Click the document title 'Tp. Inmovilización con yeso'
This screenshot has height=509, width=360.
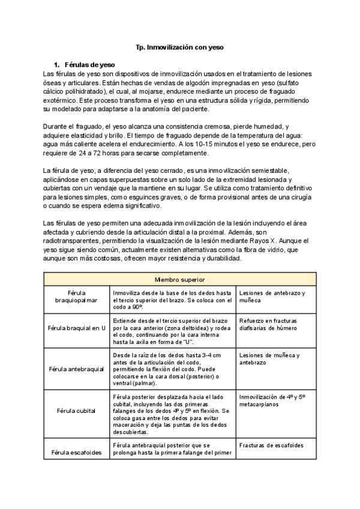coord(180,46)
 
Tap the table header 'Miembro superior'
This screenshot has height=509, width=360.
coord(180,280)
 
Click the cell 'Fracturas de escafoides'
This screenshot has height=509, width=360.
coord(271,445)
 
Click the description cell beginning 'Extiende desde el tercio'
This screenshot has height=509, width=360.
coord(172,329)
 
